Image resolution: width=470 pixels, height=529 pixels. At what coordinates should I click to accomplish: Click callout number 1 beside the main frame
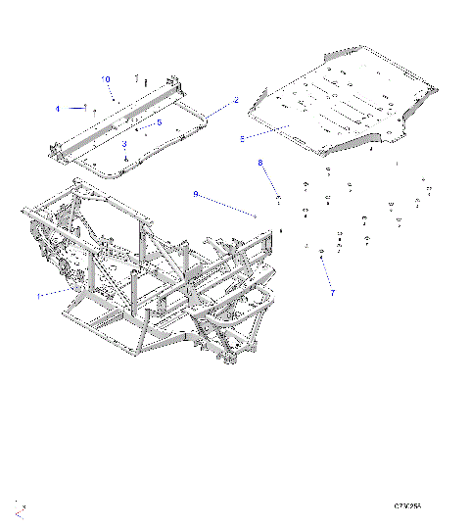[39, 294]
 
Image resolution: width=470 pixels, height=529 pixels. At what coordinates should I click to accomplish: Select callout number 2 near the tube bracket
[236, 100]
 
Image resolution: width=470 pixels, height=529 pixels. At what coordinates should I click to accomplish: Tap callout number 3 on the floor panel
[125, 143]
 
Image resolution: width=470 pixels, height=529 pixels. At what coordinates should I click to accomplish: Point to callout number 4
[58, 107]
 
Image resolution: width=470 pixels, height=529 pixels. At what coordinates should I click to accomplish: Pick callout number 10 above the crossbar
[107, 78]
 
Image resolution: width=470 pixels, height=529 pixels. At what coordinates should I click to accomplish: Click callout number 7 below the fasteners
[332, 292]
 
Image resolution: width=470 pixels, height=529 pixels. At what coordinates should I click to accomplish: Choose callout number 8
[260, 163]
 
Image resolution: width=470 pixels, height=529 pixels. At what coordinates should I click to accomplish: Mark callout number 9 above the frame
[196, 195]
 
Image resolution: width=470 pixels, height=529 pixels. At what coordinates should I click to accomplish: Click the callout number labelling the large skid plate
[242, 139]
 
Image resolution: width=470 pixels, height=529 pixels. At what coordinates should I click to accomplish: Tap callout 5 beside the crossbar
[159, 122]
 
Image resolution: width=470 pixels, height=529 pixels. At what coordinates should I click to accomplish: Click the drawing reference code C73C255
[407, 506]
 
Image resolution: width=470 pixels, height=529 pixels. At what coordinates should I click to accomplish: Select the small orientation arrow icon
[21, 506]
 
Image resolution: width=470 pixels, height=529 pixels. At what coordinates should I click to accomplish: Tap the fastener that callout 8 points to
[280, 200]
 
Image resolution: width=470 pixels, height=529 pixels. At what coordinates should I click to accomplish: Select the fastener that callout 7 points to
[322, 255]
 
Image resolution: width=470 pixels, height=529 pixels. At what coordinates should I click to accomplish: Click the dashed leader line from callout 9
[227, 205]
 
